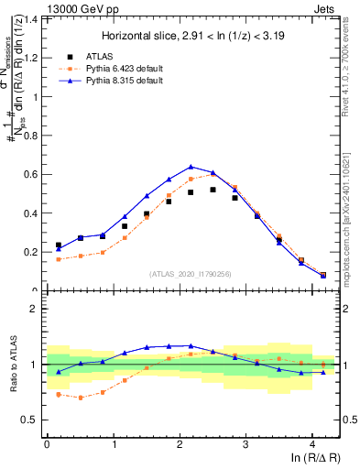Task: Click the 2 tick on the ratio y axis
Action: pyautogui.click(x=34, y=309)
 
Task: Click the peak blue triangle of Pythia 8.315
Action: pyautogui.click(x=191, y=167)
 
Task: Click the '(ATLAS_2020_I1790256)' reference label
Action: pyautogui.click(x=191, y=274)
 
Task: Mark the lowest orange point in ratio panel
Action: pyautogui.click(x=81, y=398)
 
